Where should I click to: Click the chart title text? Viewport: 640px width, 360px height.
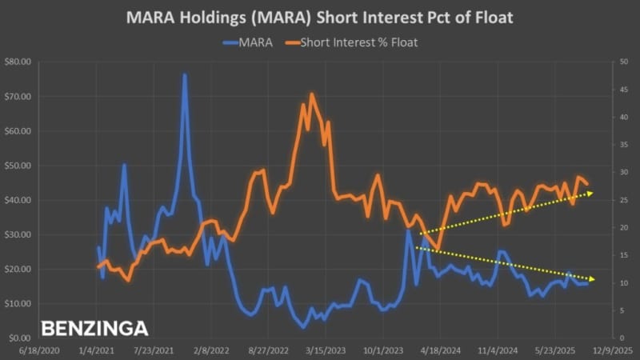[320, 18]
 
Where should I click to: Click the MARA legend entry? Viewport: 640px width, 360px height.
[255, 42]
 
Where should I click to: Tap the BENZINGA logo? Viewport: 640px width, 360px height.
[94, 328]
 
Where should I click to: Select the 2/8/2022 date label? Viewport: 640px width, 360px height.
[211, 350]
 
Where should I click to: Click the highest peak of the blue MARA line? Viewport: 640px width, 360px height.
[185, 75]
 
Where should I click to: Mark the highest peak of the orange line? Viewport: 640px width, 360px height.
[311, 94]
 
